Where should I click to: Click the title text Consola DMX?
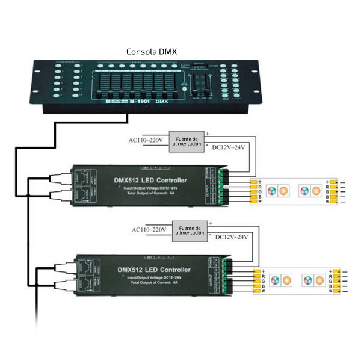pyautogui.click(x=152, y=52)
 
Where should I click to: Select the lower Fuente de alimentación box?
pyautogui.click(x=189, y=230)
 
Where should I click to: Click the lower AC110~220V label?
pyautogui.click(x=149, y=230)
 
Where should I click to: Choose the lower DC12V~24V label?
pyautogui.click(x=232, y=237)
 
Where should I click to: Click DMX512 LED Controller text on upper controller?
pyautogui.click(x=150, y=180)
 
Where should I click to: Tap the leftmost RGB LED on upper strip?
pyautogui.click(x=273, y=191)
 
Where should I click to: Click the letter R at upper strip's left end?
pyautogui.click(x=260, y=186)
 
